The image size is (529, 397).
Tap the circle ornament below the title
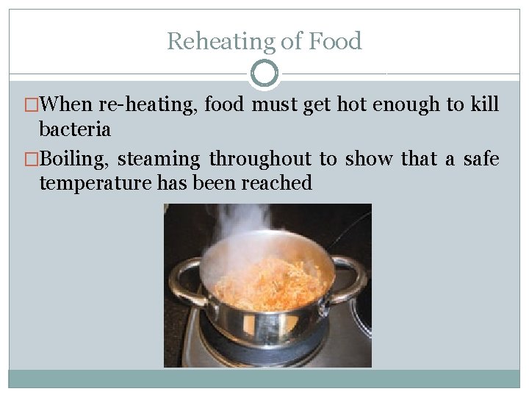coord(264,74)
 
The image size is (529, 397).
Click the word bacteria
coord(75,129)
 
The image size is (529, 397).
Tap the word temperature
coord(96,182)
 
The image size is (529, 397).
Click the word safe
coord(481,159)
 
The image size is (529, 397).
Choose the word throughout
coord(261,159)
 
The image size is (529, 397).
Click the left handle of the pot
coord(183,282)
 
